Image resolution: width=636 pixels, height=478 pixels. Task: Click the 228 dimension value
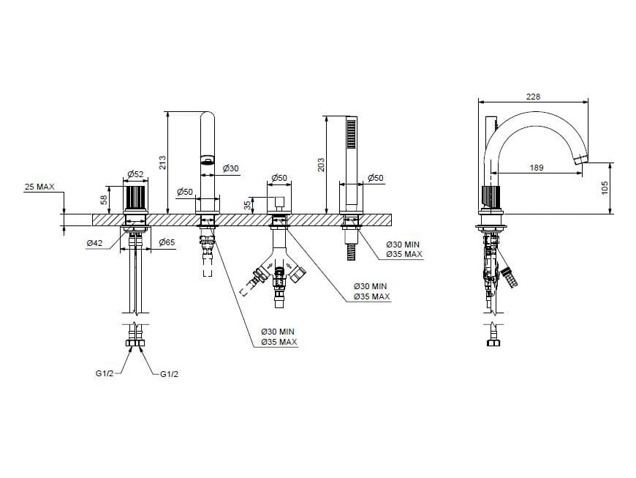click(533, 97)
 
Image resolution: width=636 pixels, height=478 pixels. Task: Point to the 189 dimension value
click(537, 168)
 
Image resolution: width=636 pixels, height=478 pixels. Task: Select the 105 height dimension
click(605, 187)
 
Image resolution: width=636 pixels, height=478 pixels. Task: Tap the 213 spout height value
click(162, 163)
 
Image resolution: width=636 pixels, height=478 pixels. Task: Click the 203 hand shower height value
click(321, 165)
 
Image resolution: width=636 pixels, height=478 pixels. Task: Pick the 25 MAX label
click(39, 187)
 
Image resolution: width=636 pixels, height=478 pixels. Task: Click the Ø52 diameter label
click(135, 173)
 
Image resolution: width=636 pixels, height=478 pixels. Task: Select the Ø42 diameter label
click(94, 243)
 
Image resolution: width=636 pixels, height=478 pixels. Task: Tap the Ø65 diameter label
click(167, 242)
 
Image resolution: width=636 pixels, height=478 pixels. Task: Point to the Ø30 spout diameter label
click(231, 168)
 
